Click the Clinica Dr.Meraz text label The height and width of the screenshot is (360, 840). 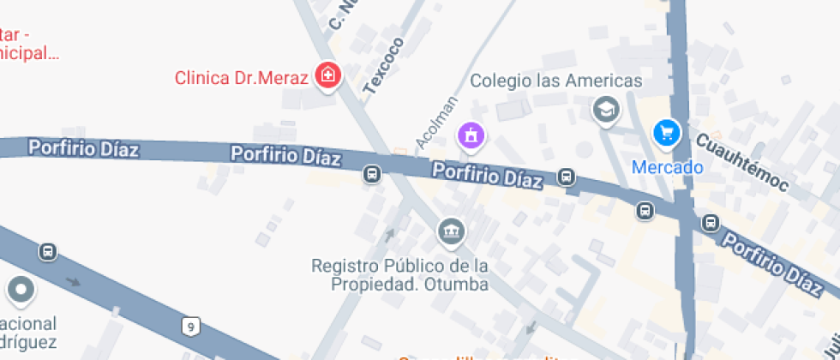tap(241, 78)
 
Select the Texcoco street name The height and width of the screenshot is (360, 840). tap(383, 65)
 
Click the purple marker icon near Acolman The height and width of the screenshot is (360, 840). tap(471, 135)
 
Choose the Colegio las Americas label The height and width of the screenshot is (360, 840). tap(556, 81)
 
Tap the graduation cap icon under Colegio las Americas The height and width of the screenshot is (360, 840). tap(607, 110)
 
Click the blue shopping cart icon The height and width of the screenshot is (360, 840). tap(666, 133)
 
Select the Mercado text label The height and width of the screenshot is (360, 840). tap(667, 167)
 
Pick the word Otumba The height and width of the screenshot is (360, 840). tap(459, 285)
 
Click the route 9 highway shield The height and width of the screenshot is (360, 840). tap(189, 325)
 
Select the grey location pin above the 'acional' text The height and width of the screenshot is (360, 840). tap(21, 291)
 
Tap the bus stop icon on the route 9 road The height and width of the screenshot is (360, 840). tap(48, 252)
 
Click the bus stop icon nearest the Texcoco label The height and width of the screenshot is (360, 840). tap(372, 174)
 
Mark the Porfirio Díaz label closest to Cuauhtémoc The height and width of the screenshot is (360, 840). tap(771, 259)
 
